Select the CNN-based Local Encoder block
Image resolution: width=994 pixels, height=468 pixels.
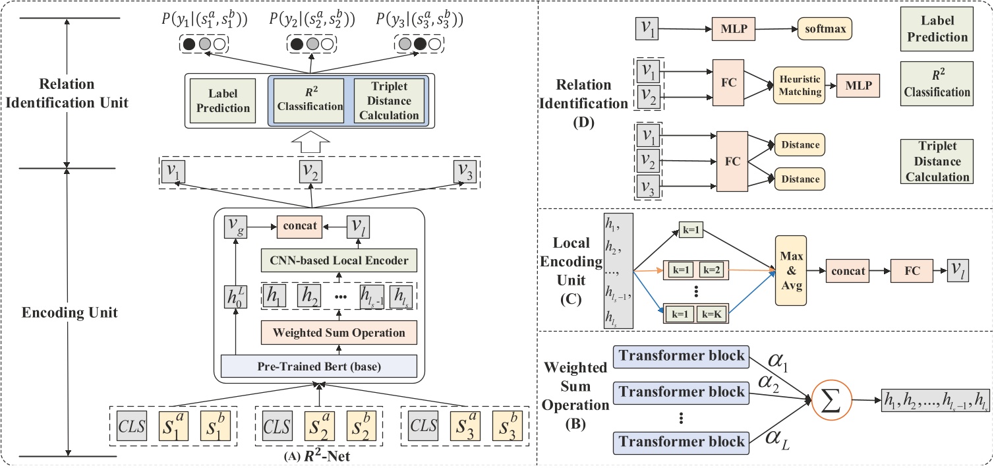[x=339, y=260]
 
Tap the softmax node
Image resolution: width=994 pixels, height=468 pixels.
[x=824, y=29]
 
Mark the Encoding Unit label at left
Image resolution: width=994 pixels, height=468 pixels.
[x=70, y=312]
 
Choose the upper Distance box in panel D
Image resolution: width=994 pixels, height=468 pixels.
[x=800, y=145]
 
